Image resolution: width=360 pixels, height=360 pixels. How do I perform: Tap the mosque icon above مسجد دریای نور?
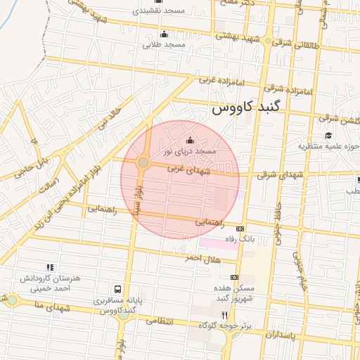(189, 141)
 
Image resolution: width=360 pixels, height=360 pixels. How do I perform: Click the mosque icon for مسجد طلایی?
(165, 34)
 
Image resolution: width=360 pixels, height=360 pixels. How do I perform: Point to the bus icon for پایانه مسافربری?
(117, 289)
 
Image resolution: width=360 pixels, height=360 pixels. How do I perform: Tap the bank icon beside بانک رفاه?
(240, 229)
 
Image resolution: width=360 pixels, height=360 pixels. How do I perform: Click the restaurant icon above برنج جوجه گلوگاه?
(225, 315)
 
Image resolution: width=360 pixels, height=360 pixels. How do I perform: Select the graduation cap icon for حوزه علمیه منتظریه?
(328, 136)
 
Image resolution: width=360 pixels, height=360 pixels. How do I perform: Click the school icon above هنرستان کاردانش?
(50, 267)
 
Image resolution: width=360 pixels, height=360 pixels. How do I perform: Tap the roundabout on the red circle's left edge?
(143, 162)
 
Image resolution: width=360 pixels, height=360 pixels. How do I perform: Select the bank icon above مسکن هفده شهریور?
(234, 278)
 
